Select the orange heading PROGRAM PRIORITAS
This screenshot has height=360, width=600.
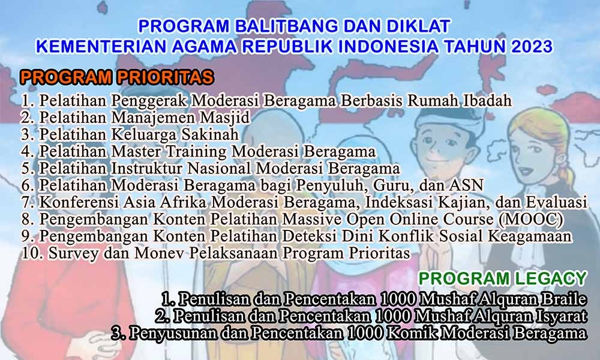[x=117, y=77]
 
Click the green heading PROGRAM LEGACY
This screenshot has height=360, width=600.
[x=503, y=278]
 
